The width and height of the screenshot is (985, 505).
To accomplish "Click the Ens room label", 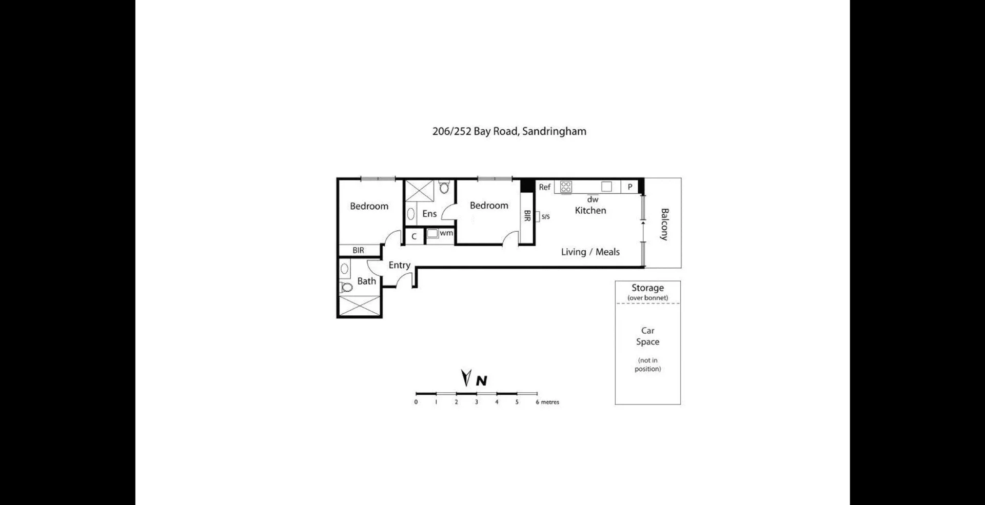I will [x=429, y=214].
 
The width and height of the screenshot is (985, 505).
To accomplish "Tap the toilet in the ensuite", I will [x=444, y=188].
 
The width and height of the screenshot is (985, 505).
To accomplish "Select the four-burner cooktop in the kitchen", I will [x=566, y=187].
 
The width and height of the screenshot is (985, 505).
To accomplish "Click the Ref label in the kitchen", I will [x=544, y=187].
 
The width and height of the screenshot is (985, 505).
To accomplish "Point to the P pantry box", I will [x=629, y=187].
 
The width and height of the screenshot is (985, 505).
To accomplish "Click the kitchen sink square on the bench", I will [x=606, y=187].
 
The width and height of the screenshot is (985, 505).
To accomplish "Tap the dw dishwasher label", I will [x=593, y=199].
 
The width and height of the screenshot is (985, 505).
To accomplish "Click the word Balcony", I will [x=664, y=224].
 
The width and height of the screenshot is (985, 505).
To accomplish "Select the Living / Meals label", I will [x=590, y=252].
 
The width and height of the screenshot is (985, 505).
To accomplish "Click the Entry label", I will [x=399, y=265].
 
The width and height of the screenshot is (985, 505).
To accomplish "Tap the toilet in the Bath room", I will [x=347, y=287].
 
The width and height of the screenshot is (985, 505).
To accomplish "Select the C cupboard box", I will [x=414, y=236].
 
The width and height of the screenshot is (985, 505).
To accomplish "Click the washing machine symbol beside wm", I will [x=432, y=234].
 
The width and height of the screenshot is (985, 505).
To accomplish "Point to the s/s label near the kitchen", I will [x=545, y=217].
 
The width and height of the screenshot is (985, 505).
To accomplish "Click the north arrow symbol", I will [x=466, y=378].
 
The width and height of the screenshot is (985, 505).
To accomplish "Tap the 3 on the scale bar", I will [x=476, y=402].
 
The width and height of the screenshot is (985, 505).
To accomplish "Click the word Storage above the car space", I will [x=647, y=288].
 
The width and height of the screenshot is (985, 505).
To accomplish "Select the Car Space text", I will [x=647, y=336].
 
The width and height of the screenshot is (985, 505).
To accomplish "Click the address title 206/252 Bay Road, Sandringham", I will [x=509, y=131].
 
